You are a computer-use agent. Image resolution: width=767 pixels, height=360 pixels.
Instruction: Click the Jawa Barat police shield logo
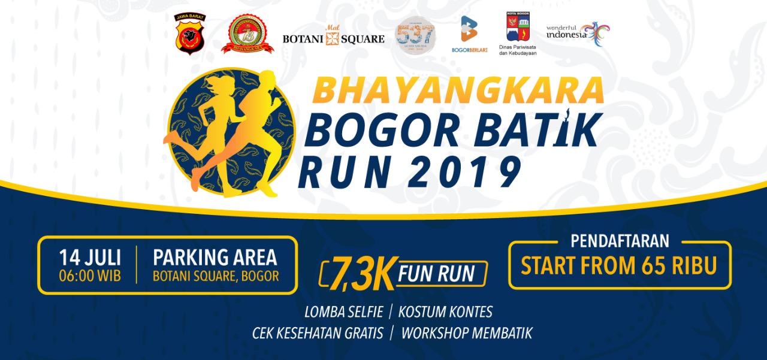pyautogui.click(x=189, y=34)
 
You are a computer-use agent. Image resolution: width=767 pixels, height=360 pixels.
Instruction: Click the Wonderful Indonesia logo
pyautogui.click(x=578, y=34)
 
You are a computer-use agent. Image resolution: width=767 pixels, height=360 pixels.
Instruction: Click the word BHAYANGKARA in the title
pyautogui.click(x=458, y=90)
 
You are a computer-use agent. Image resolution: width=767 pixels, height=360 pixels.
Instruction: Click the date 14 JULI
pyautogui.click(x=90, y=258)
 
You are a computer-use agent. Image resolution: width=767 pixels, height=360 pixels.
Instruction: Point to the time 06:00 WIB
pyautogui.click(x=90, y=277)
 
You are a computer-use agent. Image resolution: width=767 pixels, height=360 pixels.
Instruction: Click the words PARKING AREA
pyautogui.click(x=215, y=258)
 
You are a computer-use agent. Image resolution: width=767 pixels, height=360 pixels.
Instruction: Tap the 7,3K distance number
pyautogui.click(x=355, y=275)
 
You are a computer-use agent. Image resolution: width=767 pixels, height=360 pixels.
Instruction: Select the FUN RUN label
pyautogui.click(x=436, y=274)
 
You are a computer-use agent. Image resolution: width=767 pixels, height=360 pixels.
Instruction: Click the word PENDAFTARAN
pyautogui.click(x=620, y=241)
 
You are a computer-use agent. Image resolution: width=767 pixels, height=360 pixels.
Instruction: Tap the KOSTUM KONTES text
pyautogui.click(x=445, y=312)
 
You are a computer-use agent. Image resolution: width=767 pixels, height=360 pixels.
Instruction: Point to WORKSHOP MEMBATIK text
pyautogui.click(x=466, y=333)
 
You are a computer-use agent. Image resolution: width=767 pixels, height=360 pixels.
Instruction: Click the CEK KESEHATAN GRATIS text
pyautogui.click(x=318, y=333)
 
